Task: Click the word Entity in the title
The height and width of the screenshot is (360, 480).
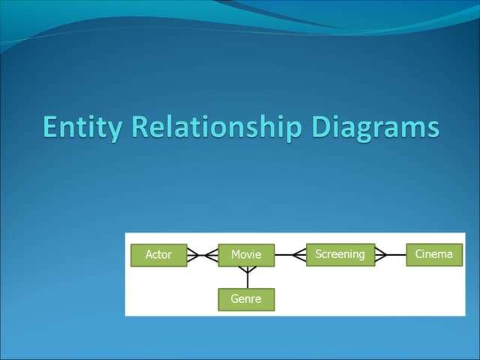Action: [82, 127]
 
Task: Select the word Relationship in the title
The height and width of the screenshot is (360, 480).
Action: [217, 127]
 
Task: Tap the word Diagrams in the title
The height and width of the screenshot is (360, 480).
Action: [376, 127]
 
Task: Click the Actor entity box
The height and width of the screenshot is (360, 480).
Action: [159, 255]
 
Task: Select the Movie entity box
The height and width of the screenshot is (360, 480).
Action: [247, 255]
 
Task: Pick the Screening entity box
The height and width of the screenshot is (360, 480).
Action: [340, 255]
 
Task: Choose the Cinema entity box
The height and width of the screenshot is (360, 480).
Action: [434, 255]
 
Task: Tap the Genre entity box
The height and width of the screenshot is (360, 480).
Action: [247, 300]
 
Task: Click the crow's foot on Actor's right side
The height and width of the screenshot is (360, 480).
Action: [193, 255]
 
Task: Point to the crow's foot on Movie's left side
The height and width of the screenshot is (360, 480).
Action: [211, 255]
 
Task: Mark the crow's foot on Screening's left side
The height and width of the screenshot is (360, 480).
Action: [299, 255]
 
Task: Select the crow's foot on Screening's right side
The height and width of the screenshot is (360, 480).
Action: [381, 255]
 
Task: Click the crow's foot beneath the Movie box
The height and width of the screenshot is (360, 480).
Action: [247, 270]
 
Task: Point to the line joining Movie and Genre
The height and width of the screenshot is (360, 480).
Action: [247, 277]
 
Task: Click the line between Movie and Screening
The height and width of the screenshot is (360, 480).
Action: [290, 255]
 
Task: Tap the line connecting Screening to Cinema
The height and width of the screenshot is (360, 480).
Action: [391, 255]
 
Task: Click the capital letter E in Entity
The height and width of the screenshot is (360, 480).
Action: [50, 127]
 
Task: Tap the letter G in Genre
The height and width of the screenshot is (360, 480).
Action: [235, 298]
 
